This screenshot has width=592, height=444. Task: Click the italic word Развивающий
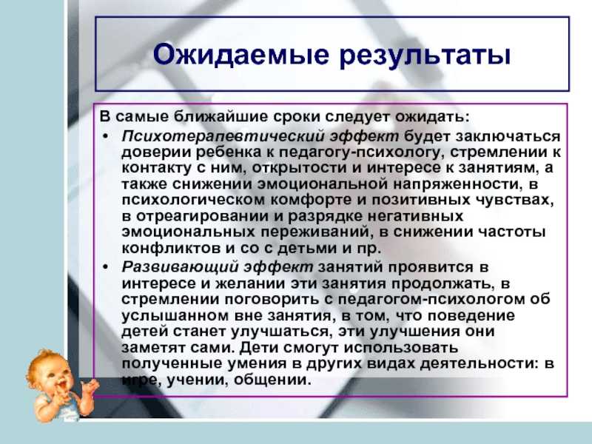[x=180, y=267]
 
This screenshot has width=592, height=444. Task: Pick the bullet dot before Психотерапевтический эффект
[x=106, y=136]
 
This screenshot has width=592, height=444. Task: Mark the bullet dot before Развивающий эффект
[x=106, y=267]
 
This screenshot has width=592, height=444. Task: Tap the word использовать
[x=401, y=347]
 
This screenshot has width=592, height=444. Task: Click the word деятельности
[x=479, y=363]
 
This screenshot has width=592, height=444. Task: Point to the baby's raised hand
[x=90, y=387]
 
